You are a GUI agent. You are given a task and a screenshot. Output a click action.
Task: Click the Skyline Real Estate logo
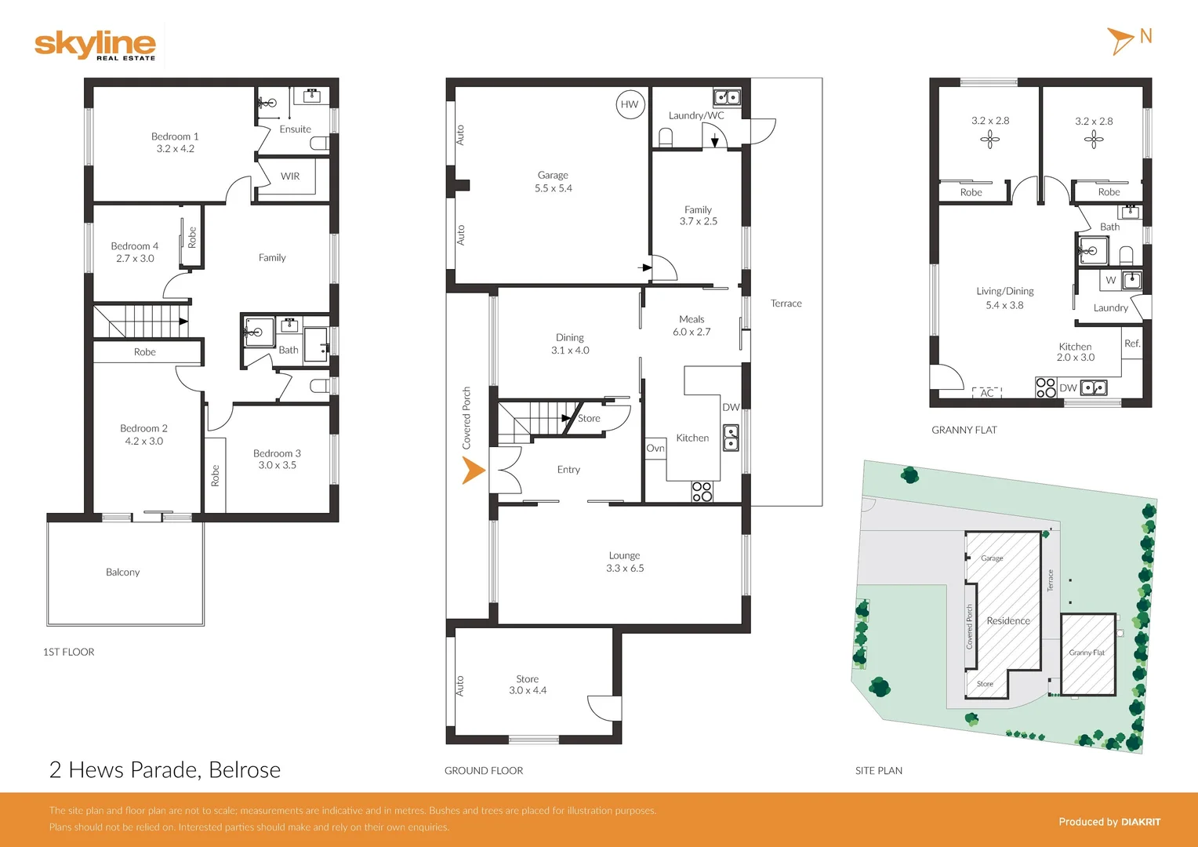click(95, 45)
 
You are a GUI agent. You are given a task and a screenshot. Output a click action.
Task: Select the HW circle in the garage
click(630, 104)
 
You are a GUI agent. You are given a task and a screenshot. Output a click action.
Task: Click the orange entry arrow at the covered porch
click(473, 471)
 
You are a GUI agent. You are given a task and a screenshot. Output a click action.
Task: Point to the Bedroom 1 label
click(175, 136)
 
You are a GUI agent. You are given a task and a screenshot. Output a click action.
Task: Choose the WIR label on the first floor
click(290, 176)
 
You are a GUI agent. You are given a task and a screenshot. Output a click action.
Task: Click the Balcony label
click(123, 573)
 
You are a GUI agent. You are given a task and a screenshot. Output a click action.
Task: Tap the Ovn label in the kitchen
click(655, 449)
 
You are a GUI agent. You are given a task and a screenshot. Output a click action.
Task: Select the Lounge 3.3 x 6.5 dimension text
click(625, 569)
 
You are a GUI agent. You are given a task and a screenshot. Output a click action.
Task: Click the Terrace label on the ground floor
click(786, 304)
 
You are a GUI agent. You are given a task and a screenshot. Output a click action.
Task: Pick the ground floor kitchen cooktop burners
click(702, 492)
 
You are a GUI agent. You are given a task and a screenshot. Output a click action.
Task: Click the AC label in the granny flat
click(987, 393)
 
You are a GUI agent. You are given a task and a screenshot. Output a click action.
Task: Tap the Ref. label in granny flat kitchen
click(1132, 344)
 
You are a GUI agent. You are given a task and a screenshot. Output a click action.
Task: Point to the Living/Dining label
click(1004, 291)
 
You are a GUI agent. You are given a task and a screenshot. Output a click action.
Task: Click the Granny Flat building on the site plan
click(1087, 653)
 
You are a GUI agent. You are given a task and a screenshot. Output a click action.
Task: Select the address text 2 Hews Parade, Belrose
click(165, 770)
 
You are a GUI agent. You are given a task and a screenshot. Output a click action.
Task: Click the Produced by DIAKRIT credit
click(1109, 822)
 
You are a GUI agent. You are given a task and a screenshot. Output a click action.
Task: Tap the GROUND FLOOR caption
click(484, 771)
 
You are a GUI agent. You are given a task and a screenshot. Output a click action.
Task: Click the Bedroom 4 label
click(135, 246)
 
